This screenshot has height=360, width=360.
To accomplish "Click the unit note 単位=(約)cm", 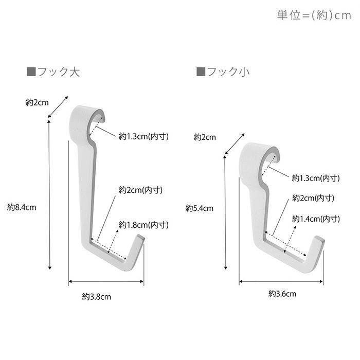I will click(314, 15).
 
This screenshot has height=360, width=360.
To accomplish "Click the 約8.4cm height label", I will click(22, 207).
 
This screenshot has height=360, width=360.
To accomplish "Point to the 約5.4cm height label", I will click(199, 208).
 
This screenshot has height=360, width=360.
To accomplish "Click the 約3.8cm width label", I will click(97, 296).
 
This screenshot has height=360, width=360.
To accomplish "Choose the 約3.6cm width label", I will click(282, 294).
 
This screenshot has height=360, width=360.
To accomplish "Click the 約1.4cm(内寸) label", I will click(316, 219).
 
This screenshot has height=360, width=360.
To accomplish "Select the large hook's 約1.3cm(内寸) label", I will click(143, 136).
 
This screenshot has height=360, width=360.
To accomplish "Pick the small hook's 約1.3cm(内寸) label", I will click(316, 178).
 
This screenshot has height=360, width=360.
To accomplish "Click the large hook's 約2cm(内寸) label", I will click(140, 190).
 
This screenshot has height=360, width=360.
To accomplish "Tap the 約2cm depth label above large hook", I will click(37, 102).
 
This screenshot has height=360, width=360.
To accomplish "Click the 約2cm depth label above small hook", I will click(204, 137).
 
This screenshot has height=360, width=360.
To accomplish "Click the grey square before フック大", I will click(30, 71).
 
